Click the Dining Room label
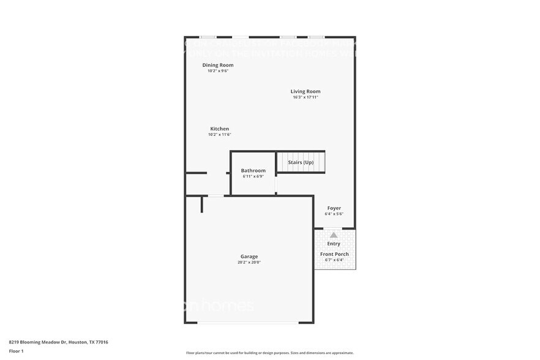click(x=218, y=65)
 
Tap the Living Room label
click(x=306, y=91)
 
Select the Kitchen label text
click(x=220, y=129)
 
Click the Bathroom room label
click(x=253, y=170)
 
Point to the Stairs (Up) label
click(x=301, y=162)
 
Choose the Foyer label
click(x=334, y=208)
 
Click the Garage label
click(x=249, y=257)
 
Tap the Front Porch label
click(x=334, y=253)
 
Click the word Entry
click(x=334, y=244)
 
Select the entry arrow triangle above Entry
click(x=334, y=234)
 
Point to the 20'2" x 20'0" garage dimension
click(x=249, y=263)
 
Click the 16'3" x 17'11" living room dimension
click(x=306, y=97)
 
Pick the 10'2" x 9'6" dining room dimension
click(x=218, y=71)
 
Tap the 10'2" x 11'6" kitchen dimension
click(x=220, y=135)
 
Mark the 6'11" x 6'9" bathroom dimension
click(x=253, y=176)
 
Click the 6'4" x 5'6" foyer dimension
click(x=334, y=214)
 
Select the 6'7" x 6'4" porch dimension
click(x=334, y=260)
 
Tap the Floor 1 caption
click(x=16, y=351)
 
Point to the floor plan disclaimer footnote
click(x=269, y=353)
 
